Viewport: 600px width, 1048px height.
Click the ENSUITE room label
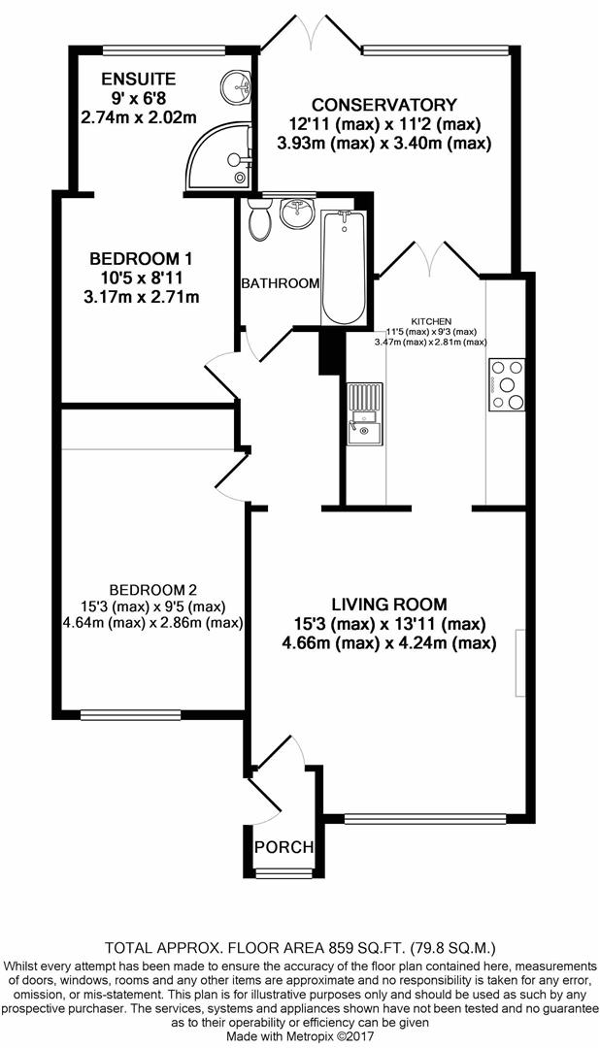(x=138, y=80)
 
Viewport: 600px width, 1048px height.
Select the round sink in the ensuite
(x=236, y=86)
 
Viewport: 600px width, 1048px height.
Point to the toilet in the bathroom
(x=259, y=219)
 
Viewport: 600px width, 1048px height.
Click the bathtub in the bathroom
(x=344, y=267)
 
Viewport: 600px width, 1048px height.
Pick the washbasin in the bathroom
(x=296, y=213)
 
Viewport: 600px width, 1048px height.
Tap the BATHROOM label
(x=281, y=283)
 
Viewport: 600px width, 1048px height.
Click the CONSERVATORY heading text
(x=384, y=105)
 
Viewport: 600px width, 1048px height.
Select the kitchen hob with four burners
(x=507, y=384)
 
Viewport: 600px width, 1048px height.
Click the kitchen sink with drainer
(x=364, y=413)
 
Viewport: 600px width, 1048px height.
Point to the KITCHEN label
(x=431, y=321)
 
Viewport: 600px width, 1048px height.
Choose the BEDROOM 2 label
(x=153, y=590)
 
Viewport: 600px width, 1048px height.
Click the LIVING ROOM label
(x=389, y=605)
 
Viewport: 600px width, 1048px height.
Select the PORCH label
(x=283, y=847)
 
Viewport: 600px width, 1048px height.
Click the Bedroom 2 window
(x=130, y=716)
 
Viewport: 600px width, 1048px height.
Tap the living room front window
(x=425, y=817)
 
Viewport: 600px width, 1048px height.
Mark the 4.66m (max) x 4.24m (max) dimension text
(x=389, y=644)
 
